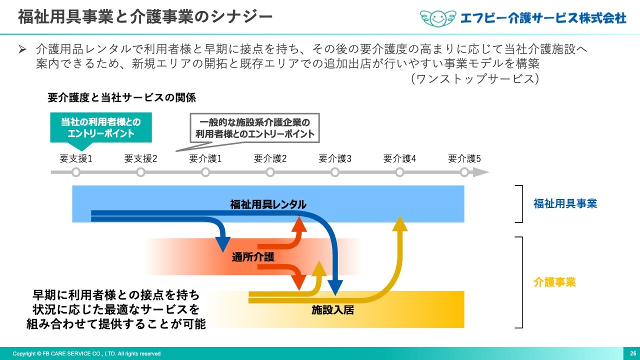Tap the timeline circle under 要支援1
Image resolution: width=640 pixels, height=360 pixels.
click(x=76, y=172)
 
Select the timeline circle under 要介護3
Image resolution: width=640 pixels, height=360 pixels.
click(x=335, y=172)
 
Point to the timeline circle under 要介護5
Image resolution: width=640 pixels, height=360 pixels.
click(x=464, y=172)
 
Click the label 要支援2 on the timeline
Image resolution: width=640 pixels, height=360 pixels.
click(x=140, y=158)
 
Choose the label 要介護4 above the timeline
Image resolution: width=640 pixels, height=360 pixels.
click(x=399, y=158)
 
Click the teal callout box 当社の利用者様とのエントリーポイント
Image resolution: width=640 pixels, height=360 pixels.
click(x=101, y=127)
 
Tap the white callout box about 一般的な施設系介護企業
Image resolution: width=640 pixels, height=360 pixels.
click(x=254, y=128)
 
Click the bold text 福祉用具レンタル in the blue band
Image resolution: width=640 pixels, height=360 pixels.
click(x=268, y=204)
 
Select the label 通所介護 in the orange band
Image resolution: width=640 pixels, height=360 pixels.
click(x=253, y=257)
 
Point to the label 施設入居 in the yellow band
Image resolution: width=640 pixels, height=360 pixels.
click(x=332, y=309)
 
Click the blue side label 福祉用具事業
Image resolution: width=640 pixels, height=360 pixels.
click(x=565, y=203)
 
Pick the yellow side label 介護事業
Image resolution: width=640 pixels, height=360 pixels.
click(x=554, y=282)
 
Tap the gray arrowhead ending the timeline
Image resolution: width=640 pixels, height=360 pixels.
click(x=481, y=172)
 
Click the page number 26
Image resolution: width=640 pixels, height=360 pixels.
click(x=633, y=353)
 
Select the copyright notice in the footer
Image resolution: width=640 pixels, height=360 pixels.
click(x=86, y=353)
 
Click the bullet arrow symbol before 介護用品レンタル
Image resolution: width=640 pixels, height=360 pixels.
click(x=22, y=49)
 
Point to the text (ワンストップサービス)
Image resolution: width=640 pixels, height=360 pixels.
click(x=475, y=78)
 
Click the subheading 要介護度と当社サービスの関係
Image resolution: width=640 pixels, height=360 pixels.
click(x=121, y=97)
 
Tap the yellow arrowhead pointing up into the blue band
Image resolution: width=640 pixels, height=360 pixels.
click(x=400, y=223)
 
